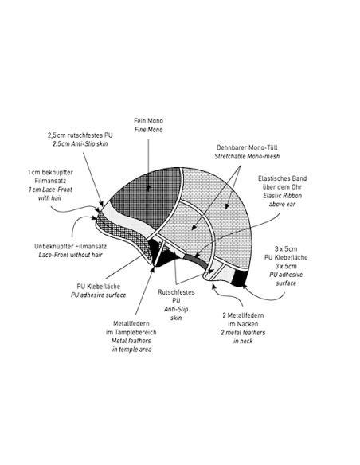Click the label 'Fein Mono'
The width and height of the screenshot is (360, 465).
point(148,121)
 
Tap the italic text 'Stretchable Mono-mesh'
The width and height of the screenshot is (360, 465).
point(247,156)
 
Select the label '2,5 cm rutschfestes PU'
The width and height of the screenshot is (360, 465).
point(80,135)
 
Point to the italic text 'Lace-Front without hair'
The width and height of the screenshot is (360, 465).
point(70,255)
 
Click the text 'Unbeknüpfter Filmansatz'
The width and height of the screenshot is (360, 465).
point(70,247)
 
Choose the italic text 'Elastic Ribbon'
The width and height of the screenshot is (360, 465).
point(282,196)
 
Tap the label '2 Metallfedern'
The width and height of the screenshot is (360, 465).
point(243,315)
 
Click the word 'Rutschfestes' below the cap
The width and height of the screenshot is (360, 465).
point(176,292)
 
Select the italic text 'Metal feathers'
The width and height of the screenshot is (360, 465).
point(131,341)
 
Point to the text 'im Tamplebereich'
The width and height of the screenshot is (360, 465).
point(131,332)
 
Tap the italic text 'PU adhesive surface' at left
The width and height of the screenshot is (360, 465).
point(99,295)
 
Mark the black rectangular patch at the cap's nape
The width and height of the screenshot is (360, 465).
point(241,279)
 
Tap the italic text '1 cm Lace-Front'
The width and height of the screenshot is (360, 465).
point(50,190)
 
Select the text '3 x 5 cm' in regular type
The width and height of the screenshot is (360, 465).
point(286,248)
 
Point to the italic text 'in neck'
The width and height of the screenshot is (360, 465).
point(243,341)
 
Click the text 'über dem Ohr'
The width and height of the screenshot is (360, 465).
point(282,187)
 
